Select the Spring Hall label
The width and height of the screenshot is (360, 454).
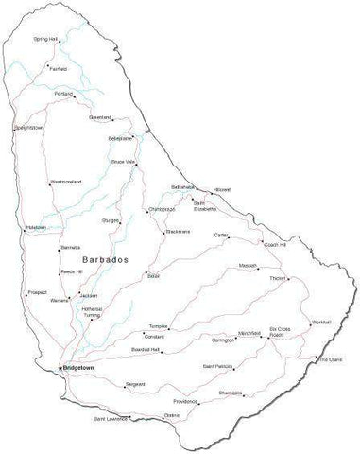click(x=45, y=39)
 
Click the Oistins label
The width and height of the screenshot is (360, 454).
click(x=171, y=415)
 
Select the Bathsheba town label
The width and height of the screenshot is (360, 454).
click(x=183, y=186)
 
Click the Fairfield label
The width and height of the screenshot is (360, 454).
click(x=58, y=69)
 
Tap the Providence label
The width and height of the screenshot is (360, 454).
click(x=185, y=401)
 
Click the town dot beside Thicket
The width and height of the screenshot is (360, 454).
click(x=288, y=278)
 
